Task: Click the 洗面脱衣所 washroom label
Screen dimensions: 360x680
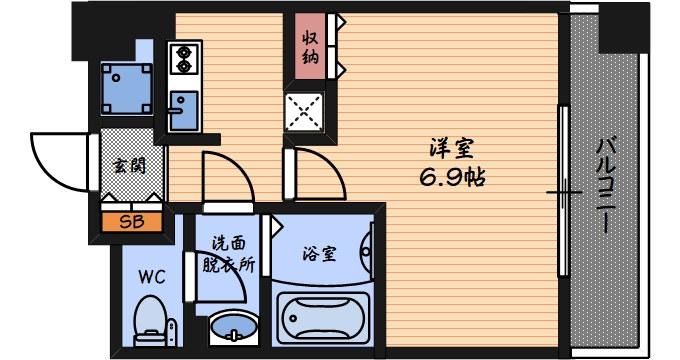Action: pos(228,254)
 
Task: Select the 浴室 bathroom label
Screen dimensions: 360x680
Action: pos(319,253)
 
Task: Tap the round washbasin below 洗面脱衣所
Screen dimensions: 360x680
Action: pos(232,328)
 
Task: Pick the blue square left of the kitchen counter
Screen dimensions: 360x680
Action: pos(127,88)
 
